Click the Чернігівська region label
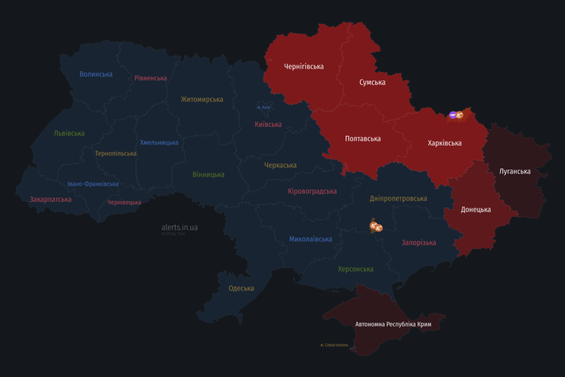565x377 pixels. [x=303, y=67]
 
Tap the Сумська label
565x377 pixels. [x=372, y=82]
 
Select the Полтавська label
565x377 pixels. [x=363, y=139]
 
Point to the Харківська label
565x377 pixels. [x=444, y=143]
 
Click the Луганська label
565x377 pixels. [x=515, y=171]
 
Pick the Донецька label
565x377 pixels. [x=476, y=210]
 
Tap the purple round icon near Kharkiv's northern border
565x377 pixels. [x=453, y=115]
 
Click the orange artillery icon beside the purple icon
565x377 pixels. [x=460, y=115]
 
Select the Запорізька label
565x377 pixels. [x=419, y=242]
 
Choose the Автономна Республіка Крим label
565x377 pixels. [x=393, y=324]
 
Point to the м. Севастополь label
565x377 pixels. [x=334, y=345]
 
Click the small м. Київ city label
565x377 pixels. [x=263, y=107]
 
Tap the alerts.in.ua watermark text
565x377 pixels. [x=179, y=227]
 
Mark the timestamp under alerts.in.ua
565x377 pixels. [x=173, y=234]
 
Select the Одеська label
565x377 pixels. [x=241, y=288]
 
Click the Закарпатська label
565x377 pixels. [x=50, y=199]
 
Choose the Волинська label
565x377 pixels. [x=96, y=74]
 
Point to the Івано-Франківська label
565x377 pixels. [x=93, y=184]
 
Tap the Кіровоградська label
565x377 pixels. [x=312, y=192]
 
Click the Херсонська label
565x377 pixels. [x=355, y=269]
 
